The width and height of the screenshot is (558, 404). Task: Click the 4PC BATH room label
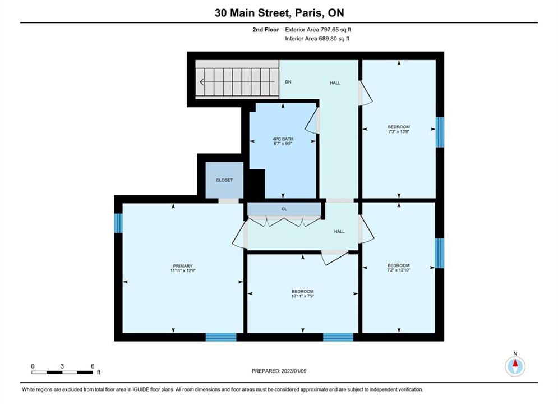(x=283, y=139)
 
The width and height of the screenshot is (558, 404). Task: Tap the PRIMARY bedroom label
(x=183, y=266)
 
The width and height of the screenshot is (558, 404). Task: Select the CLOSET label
(x=224, y=180)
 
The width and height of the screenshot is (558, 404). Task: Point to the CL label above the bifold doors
(x=284, y=209)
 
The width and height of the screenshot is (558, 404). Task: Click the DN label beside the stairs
(x=288, y=82)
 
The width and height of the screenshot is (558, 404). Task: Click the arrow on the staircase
(x=237, y=82)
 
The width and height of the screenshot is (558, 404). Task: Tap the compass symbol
(x=515, y=365)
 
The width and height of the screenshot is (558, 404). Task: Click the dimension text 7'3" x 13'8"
(x=399, y=131)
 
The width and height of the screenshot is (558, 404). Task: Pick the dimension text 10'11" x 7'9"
(x=302, y=296)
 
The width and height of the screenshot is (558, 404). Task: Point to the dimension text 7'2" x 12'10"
(x=399, y=270)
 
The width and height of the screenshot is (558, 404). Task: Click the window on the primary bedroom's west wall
(x=118, y=223)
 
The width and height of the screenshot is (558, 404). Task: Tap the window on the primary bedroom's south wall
(x=221, y=337)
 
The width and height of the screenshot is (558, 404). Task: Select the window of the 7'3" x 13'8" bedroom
(x=440, y=132)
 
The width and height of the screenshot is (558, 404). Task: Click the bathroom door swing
(x=311, y=121)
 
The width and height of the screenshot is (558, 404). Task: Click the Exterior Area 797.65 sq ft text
(x=318, y=30)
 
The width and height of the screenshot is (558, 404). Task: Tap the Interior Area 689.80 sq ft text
(x=317, y=39)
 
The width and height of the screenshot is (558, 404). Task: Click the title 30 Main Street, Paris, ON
(x=279, y=13)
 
